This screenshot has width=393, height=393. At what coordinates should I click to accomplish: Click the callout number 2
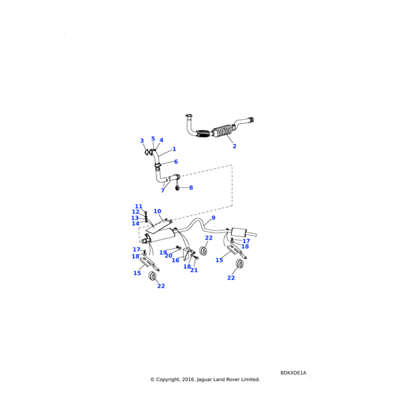coord(234,146)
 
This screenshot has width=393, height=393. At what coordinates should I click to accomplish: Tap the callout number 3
coord(141,141)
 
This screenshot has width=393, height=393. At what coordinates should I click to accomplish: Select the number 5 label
coord(153,139)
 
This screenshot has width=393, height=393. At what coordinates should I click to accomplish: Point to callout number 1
coord(174,149)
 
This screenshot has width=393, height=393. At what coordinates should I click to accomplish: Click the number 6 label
coord(176,162)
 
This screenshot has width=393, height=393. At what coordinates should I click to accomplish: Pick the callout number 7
coord(162,191)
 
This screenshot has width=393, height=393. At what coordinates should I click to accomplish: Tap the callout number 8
coord(191,188)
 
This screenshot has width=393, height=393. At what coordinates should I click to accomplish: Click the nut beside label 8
coord(178,188)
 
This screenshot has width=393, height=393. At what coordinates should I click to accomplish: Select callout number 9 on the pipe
coord(213,217)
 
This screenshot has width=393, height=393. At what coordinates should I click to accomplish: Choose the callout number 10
coord(157,212)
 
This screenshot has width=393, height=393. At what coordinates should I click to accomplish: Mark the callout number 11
coord(138,206)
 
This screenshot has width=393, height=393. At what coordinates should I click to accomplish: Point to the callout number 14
coord(136,224)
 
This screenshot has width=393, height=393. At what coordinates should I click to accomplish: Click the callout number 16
coord(176,260)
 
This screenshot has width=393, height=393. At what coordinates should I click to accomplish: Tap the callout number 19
coord(163,252)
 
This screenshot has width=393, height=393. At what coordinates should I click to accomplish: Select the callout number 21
coord(194,270)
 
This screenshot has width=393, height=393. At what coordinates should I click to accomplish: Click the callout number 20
coord(168,256)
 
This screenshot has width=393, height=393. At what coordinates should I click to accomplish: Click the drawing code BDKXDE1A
coord(293,373)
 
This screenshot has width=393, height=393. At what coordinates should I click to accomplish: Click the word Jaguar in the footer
coord(207,379)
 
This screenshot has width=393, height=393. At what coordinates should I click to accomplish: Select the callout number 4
coord(161,140)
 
